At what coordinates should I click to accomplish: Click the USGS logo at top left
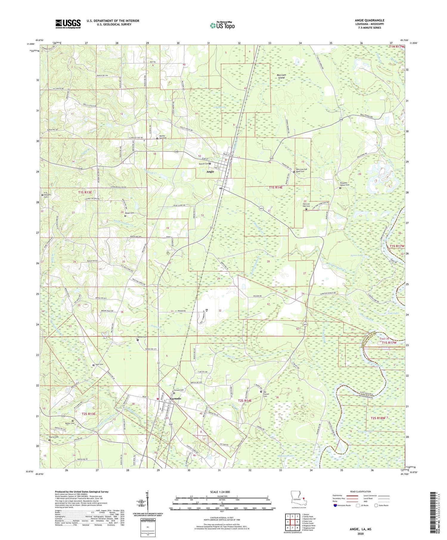point(68,24)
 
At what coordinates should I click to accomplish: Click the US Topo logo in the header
point(222,25)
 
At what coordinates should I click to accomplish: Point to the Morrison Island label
point(281,76)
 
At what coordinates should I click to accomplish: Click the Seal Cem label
point(99,365)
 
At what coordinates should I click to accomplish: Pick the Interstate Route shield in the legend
point(335,505)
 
